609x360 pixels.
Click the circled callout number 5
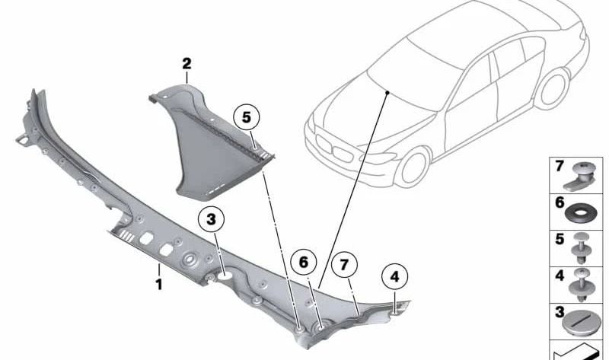[x=246, y=118]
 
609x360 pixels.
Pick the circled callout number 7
[x=343, y=265]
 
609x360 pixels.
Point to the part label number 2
[x=187, y=64]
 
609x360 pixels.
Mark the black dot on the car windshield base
[x=387, y=91]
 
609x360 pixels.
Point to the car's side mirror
[x=454, y=102]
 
